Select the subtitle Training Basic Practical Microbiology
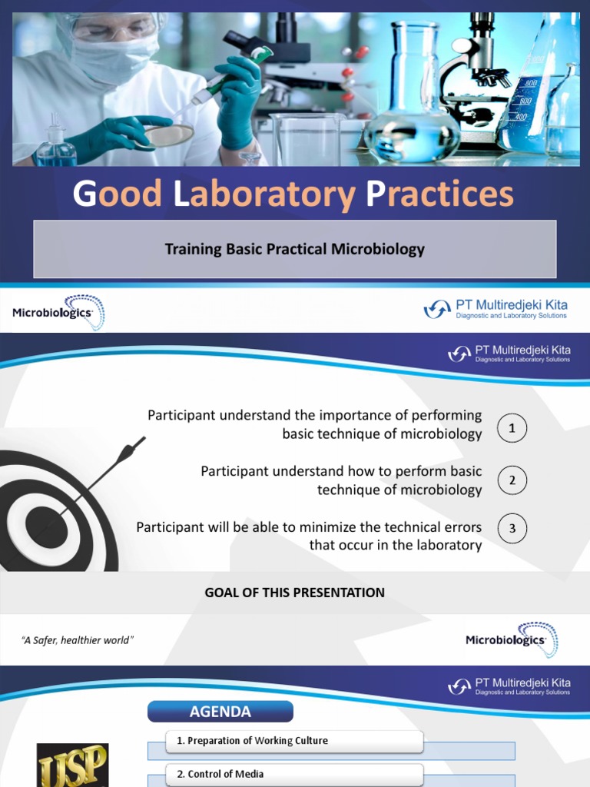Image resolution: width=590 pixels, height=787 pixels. (x=294, y=249)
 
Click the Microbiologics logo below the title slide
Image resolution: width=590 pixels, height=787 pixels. (x=58, y=312)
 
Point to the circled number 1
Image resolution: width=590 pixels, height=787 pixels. (x=512, y=427)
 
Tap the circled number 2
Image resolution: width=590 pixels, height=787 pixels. (x=512, y=481)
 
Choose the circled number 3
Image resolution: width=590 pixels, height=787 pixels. (x=512, y=530)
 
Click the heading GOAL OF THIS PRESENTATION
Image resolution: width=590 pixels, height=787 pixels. (x=294, y=593)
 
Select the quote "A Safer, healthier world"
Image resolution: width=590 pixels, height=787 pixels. (x=78, y=640)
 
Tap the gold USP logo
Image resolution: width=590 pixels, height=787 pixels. (x=74, y=765)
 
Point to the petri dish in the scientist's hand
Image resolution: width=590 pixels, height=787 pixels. (x=169, y=135)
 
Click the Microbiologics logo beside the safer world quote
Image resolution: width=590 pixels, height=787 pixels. (x=512, y=640)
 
